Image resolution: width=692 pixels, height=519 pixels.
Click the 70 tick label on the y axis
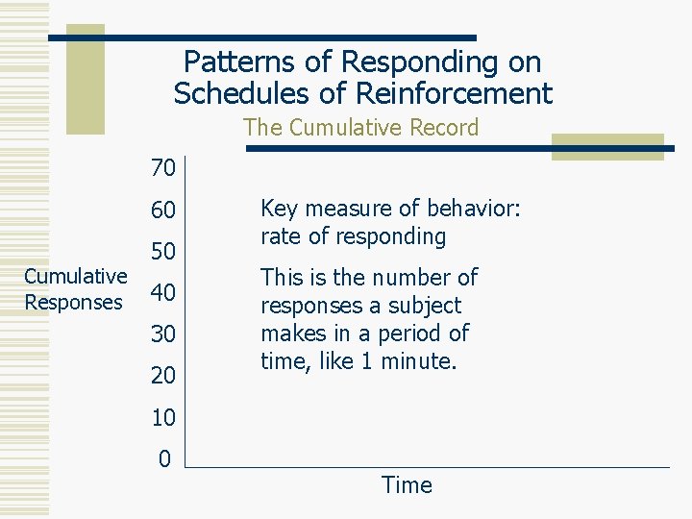coord(163,169)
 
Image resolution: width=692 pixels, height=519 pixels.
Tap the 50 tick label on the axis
coord(163,252)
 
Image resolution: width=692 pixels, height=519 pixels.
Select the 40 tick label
coord(163,293)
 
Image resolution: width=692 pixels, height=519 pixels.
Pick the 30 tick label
coord(163,334)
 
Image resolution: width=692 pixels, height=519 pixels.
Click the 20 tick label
coord(163,376)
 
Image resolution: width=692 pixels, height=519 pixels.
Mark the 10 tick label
coord(163,417)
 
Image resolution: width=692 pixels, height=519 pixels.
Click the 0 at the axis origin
coord(164,458)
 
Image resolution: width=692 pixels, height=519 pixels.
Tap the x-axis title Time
coord(407,485)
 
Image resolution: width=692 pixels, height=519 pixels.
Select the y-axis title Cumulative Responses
coord(75,289)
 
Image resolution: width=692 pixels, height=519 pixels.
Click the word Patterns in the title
coord(231,62)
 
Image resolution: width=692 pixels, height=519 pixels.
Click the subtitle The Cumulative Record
coord(360,127)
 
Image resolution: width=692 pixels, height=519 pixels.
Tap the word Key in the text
coord(279,209)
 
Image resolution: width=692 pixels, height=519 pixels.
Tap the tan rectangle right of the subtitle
coord(606,146)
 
